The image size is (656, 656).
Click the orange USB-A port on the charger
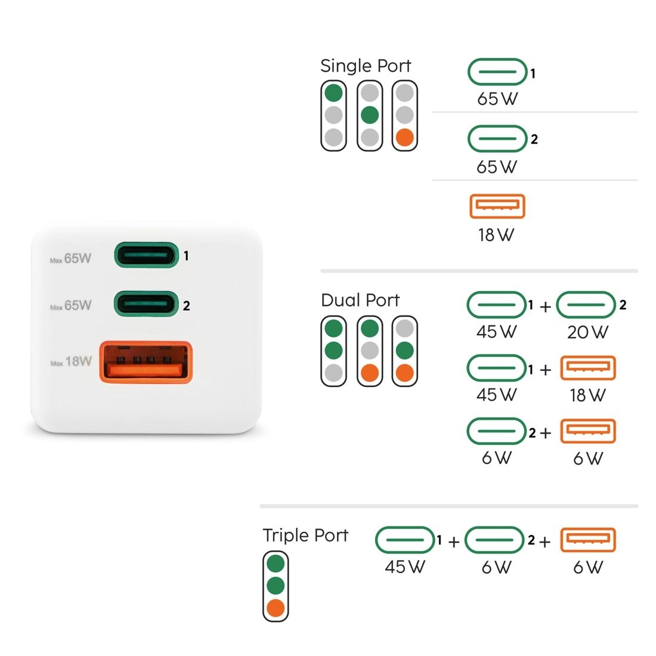[x=146, y=362]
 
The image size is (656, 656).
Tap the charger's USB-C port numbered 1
[x=147, y=255]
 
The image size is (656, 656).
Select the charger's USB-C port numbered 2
[x=147, y=304]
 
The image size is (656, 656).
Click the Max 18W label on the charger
[x=71, y=362]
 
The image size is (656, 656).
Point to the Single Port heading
[x=366, y=66]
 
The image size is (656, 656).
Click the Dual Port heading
[x=360, y=300]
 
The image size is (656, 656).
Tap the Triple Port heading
[x=305, y=535]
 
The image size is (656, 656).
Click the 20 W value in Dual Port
[x=587, y=332]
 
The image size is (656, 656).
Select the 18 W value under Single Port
[x=496, y=235]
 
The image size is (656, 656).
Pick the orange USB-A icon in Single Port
[x=497, y=206]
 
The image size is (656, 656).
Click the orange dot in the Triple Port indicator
[x=276, y=608]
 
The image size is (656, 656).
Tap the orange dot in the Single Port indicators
[x=405, y=137]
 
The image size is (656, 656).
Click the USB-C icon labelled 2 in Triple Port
[x=494, y=540]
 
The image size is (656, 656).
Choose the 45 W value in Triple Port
[x=405, y=567]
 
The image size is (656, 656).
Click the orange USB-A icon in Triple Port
[x=587, y=540]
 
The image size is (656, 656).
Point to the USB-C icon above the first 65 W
[x=497, y=72]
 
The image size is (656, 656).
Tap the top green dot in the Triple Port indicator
[x=276, y=563]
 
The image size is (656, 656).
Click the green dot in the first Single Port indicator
[x=333, y=93]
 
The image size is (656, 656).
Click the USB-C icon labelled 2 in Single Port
[x=497, y=139]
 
